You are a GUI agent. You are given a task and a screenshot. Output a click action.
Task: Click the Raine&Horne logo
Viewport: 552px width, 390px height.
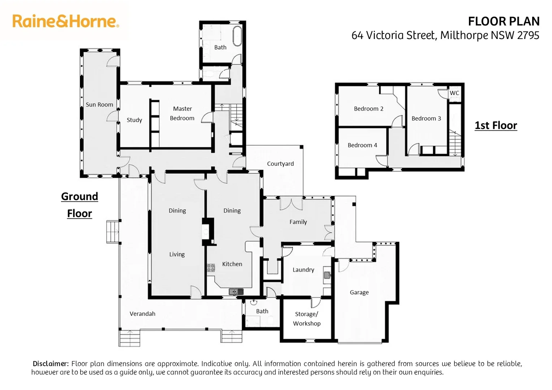[65, 21]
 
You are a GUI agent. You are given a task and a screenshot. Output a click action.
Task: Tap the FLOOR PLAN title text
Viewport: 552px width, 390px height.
[503, 22]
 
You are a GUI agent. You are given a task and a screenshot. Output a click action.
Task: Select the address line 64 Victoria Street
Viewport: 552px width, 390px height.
[445, 35]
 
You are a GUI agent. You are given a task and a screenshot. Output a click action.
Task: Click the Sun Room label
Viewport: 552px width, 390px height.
[99, 105]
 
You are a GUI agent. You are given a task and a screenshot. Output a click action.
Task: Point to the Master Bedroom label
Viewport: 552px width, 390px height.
[182, 113]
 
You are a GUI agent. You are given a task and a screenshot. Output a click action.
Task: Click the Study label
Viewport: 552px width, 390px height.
[134, 120]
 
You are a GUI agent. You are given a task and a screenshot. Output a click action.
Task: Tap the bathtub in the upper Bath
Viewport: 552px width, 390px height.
[237, 36]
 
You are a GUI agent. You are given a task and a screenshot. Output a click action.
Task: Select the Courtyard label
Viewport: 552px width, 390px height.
[280, 164]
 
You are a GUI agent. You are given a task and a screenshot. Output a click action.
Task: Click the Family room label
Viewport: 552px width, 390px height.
[298, 222]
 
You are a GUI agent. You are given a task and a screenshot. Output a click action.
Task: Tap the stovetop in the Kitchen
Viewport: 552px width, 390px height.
[211, 268]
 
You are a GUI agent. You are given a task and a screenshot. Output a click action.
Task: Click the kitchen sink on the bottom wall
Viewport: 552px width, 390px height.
[236, 291]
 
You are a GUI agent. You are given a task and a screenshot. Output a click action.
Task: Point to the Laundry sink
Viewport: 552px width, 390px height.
[327, 275]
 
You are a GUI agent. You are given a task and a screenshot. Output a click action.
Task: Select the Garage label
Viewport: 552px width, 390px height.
[359, 292]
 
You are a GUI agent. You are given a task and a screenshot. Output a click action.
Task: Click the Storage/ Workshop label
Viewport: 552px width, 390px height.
[307, 319]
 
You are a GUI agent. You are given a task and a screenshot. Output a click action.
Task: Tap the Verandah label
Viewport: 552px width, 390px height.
[142, 314]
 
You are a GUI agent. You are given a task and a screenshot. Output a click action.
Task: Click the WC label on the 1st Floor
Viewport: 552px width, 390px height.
[454, 93]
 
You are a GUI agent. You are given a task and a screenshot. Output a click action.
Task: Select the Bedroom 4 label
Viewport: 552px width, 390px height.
[362, 145]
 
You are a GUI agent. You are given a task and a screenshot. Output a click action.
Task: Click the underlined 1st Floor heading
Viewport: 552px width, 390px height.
[496, 125]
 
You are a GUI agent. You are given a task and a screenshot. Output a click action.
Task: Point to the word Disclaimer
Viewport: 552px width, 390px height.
[51, 364]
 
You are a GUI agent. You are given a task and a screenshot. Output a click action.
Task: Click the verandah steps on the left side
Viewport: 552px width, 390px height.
[112, 231]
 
